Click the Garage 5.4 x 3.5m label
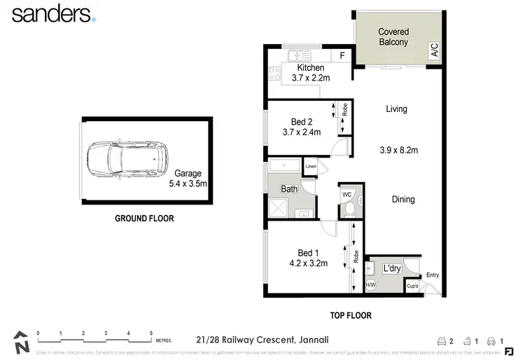click(188, 179)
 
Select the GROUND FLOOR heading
click(144, 219)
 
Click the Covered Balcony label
click(393, 37)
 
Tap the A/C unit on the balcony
click(434, 50)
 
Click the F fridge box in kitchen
click(342, 55)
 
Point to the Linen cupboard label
click(311, 167)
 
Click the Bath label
click(289, 189)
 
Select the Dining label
click(403, 200)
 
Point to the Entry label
click(432, 275)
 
